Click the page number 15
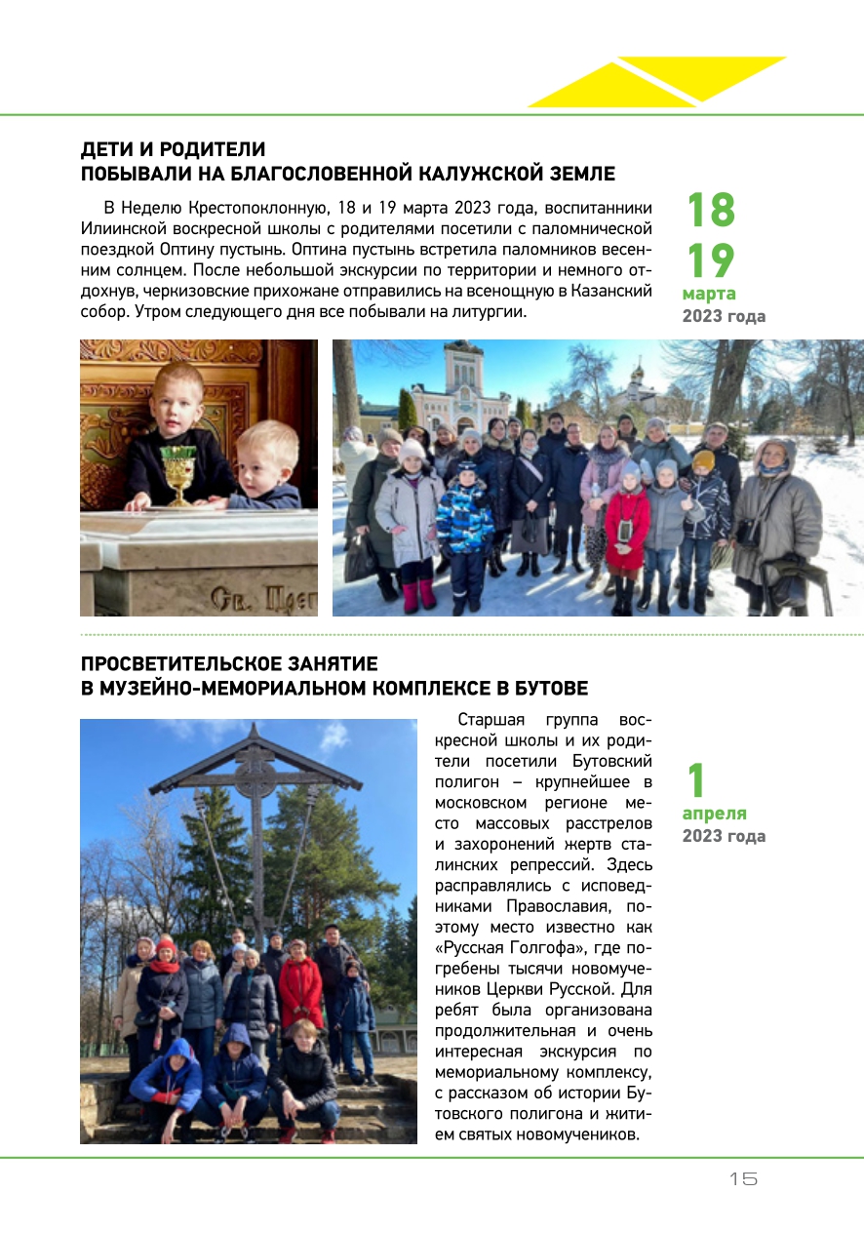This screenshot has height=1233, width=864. pos(743,1178)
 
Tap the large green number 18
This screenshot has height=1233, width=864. pos(711,211)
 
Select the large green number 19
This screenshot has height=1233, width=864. pos(711,260)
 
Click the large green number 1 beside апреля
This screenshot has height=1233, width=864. pos(695,780)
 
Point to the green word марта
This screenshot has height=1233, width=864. pos(709,294)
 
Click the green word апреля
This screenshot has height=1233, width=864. pos(714,814)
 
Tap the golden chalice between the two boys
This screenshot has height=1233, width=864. pos(178,474)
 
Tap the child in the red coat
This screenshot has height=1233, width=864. pos(625,532)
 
